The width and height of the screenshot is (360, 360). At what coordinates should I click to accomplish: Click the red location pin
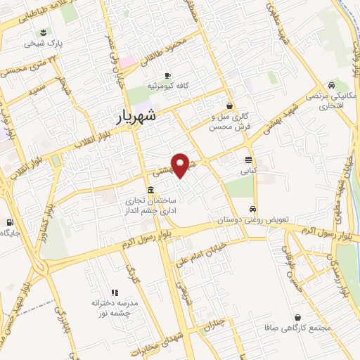(181, 165)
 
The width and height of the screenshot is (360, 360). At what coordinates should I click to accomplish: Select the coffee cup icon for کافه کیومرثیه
(167, 75)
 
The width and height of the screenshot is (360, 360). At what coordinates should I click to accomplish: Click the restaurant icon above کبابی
(248, 160)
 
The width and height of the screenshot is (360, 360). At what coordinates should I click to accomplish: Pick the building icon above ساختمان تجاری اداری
(151, 190)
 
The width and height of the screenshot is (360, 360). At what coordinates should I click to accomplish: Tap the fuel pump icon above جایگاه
(8, 223)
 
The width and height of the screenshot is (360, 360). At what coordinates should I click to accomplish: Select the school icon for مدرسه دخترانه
(113, 292)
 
